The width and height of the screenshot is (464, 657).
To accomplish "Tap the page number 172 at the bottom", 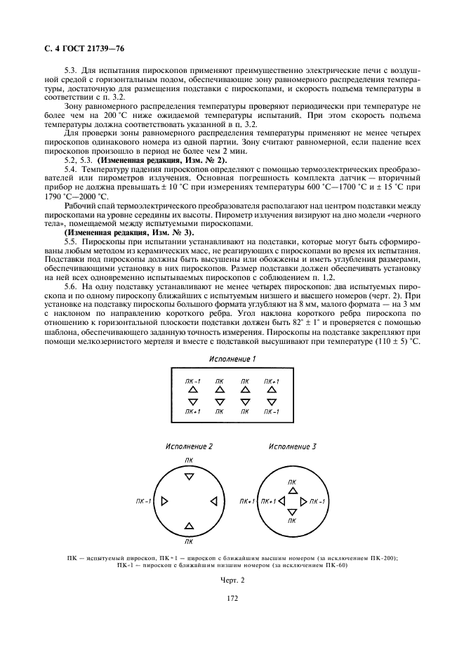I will pyautogui.click(x=232, y=598).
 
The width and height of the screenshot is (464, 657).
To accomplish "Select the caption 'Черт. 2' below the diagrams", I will pyautogui.click(x=232, y=581).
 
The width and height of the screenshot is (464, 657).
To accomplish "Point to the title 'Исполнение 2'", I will pyautogui.click(x=189, y=446).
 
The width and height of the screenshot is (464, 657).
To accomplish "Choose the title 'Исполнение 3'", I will pyautogui.click(x=293, y=446).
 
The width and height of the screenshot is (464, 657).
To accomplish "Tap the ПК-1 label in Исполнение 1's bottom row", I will pyautogui.click(x=272, y=411).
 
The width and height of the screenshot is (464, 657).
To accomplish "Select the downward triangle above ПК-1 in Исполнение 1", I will pyautogui.click(x=272, y=402).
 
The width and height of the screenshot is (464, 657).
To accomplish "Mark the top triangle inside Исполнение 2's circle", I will pyautogui.click(x=189, y=477).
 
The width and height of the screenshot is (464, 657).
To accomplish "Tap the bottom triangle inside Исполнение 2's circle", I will pyautogui.click(x=189, y=525).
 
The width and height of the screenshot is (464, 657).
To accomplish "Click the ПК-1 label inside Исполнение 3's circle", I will pyautogui.click(x=317, y=502).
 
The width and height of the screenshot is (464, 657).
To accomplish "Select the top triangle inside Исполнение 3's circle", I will pyautogui.click(x=292, y=490).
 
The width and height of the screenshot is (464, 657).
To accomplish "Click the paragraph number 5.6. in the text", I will pyautogui.click(x=70, y=286).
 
